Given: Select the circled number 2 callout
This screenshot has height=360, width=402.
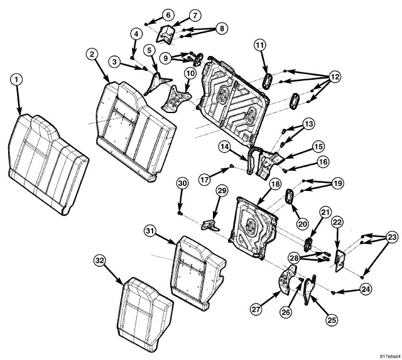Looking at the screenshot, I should coord(93,55).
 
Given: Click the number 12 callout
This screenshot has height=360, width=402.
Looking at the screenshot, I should coord(334,77).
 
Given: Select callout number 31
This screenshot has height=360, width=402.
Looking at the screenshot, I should coord(149,232).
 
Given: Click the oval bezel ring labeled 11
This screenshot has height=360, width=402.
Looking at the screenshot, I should coord(266,80).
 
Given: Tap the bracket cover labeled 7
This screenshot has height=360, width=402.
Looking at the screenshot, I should coord(166,35).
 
